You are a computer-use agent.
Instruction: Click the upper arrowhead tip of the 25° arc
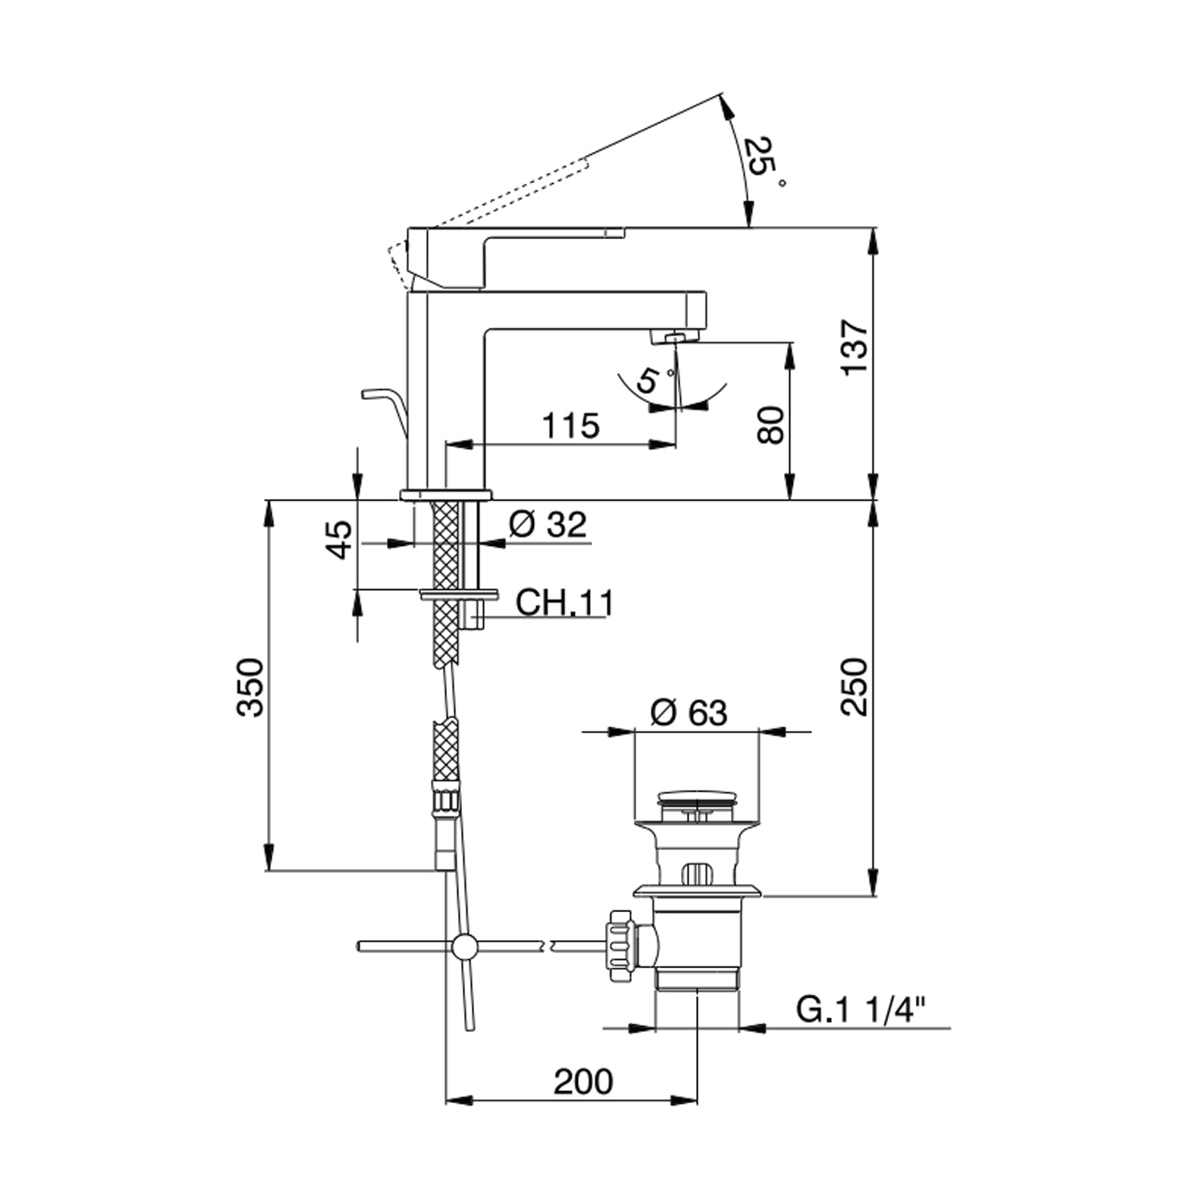[720, 95]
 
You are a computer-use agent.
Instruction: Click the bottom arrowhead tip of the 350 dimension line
[269, 870]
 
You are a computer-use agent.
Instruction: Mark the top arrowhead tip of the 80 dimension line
[790, 343]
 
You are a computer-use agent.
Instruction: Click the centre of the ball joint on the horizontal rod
[462, 946]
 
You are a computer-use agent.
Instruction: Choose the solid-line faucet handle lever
[515, 258]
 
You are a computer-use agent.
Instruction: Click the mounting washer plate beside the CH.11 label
[458, 595]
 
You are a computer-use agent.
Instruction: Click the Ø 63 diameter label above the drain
[689, 712]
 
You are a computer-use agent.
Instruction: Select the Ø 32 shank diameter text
[548, 524]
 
